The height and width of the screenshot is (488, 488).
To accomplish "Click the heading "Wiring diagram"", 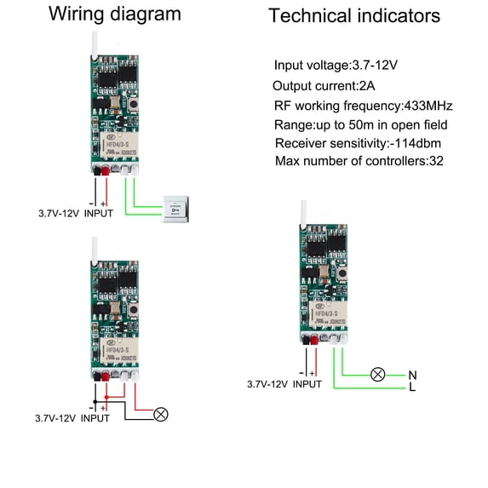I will (x=114, y=14).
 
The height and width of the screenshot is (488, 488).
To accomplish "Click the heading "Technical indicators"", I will (x=354, y=16).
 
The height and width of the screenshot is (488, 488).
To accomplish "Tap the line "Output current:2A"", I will (x=323, y=86).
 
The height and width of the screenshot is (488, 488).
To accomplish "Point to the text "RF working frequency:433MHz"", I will (x=363, y=106).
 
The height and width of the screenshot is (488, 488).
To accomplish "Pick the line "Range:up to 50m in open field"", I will (x=361, y=125).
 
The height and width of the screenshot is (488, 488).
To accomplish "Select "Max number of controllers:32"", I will (x=358, y=161).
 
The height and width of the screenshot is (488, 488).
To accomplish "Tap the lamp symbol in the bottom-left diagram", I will (x=159, y=415).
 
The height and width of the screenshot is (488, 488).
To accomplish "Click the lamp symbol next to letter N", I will (x=376, y=375).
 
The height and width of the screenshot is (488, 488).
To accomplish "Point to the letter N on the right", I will (x=412, y=375).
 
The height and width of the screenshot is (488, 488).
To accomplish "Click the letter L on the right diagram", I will (x=412, y=388).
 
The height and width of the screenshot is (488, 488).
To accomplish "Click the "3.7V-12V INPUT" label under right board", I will (x=284, y=384).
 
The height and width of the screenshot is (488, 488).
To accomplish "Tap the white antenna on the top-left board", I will (x=93, y=43).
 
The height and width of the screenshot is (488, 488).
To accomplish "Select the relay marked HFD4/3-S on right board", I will (x=324, y=318).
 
